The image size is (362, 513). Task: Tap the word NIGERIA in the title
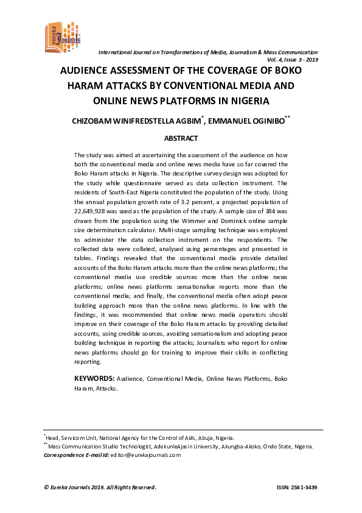coord(246,101)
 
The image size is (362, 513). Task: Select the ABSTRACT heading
coord(181,139)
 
